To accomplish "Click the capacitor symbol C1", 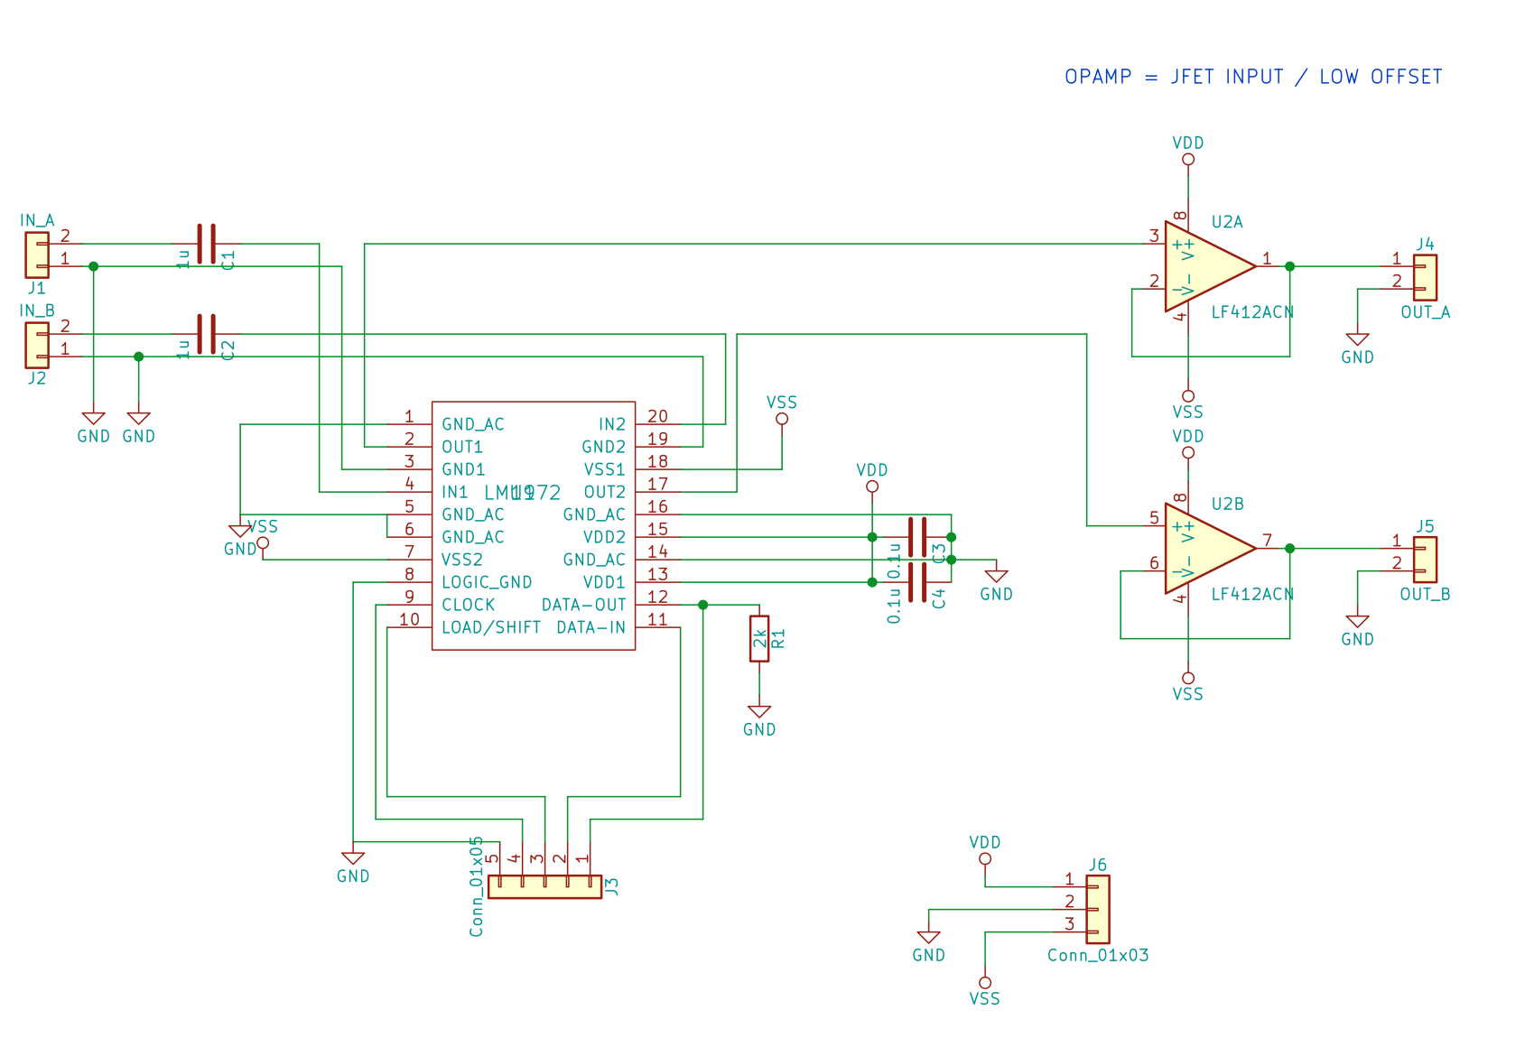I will coord(207,244).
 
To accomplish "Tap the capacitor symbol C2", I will coord(207,334).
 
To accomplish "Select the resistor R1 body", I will coord(759,639).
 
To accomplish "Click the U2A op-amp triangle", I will coord(1205,266).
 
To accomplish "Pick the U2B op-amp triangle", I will coord(1205,549).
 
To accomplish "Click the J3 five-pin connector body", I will coord(544,886).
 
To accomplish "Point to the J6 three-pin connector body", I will coord(1098,910).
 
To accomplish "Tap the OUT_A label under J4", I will coord(1425,312).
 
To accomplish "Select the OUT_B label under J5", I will coord(1425,595).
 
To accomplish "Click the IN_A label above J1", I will coord(37,220).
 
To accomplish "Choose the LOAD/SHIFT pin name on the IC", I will coord(490,627).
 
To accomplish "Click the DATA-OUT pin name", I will coord(583,605).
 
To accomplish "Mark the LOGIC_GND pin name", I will coord(487,582).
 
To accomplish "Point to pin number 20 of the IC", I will coord(657,416).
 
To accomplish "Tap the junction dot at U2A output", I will coord(1289,266).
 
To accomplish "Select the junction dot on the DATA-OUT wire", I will coord(702,605).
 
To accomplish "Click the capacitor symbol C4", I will coord(917,582).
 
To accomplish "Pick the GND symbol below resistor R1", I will coord(759,713).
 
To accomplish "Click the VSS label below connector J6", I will coord(984,998).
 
